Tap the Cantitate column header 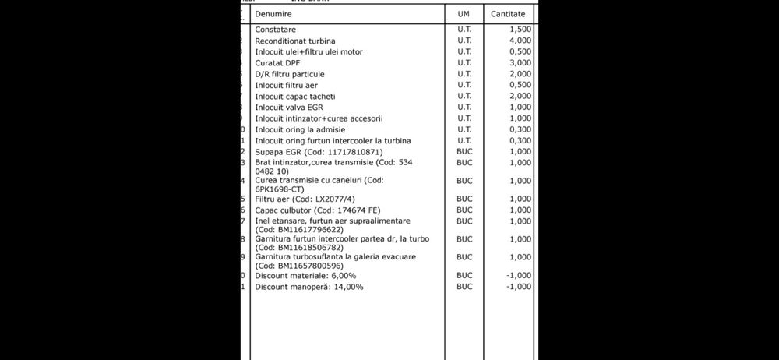(x=508, y=14)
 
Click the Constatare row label (x=275, y=30)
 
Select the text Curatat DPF (x=278, y=62)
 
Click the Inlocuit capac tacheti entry (x=295, y=96)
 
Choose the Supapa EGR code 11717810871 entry (x=319, y=151)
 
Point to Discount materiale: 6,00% (x=305, y=275)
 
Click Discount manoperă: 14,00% (x=308, y=287)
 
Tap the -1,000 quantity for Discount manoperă (x=518, y=287)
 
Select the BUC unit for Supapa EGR (x=464, y=151)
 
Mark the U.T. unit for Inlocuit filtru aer (x=464, y=85)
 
